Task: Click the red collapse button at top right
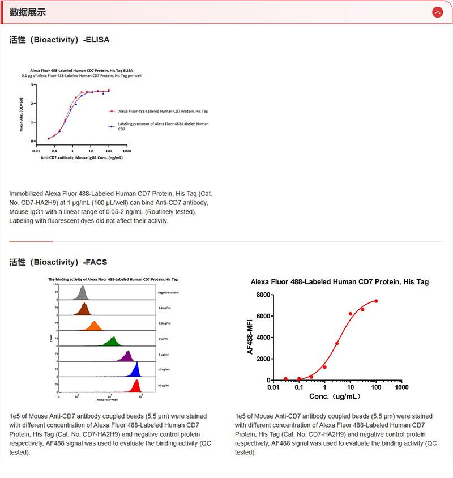(437, 12)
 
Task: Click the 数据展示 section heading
(28, 12)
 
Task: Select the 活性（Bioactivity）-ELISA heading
(59, 40)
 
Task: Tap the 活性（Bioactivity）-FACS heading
(58, 262)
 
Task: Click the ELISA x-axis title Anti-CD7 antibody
(81, 157)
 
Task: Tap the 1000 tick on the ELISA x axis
(126, 151)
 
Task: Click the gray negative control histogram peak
(83, 293)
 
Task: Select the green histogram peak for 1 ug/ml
(112, 341)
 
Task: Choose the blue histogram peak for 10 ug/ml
(135, 371)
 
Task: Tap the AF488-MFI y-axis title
(250, 336)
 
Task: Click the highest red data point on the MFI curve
(375, 301)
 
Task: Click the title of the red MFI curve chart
(340, 281)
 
